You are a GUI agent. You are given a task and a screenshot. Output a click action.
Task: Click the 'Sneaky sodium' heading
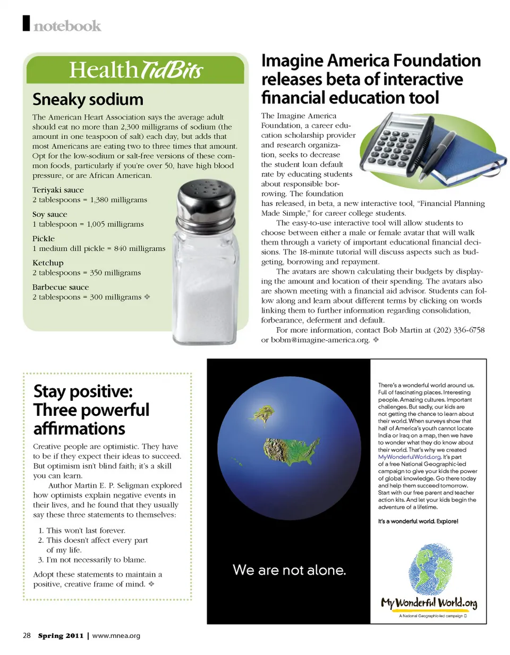[88, 99]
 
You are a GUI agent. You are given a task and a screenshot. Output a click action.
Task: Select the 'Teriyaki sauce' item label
[58, 190]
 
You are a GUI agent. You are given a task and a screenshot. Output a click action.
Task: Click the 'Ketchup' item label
[48, 263]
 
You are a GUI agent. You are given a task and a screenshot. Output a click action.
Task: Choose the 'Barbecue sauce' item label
[61, 287]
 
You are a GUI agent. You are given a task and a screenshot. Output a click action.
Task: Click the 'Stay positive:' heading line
[83, 392]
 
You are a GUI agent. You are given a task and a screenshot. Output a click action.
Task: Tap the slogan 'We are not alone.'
[290, 571]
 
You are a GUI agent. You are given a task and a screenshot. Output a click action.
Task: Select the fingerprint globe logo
[428, 568]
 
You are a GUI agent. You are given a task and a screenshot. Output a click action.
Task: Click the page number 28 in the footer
[27, 635]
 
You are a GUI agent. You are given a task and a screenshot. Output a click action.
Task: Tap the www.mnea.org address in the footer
[116, 635]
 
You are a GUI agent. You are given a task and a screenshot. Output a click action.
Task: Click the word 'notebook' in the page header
[67, 25]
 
